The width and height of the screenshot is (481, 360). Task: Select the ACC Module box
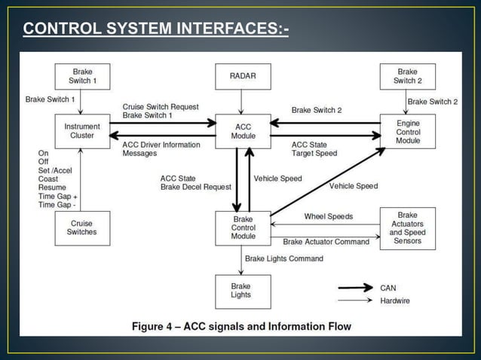tap(242, 131)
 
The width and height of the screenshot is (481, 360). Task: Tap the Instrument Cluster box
tap(82, 131)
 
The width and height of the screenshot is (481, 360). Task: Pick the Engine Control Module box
tap(408, 131)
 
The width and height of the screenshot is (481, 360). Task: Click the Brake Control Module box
tap(242, 228)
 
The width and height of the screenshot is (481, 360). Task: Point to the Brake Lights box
tap(241, 291)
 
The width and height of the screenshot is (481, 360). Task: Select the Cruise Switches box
tap(82, 227)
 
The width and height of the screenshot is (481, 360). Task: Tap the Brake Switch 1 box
tap(82, 75)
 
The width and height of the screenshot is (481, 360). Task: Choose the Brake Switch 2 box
tap(408, 75)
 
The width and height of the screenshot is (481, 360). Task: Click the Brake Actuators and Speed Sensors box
tap(408, 228)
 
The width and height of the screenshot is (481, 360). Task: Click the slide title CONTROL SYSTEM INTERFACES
tap(155, 29)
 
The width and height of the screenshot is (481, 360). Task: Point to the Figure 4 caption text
tap(241, 326)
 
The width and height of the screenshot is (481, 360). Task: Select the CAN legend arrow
tap(354, 287)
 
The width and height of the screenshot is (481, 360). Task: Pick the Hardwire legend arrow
tap(354, 301)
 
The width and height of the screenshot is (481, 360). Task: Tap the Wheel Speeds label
tap(329, 216)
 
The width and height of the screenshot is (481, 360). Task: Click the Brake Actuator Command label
tap(326, 242)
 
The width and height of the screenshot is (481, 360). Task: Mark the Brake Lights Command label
tap(284, 258)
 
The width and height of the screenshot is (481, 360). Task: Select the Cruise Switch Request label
tap(161, 107)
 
